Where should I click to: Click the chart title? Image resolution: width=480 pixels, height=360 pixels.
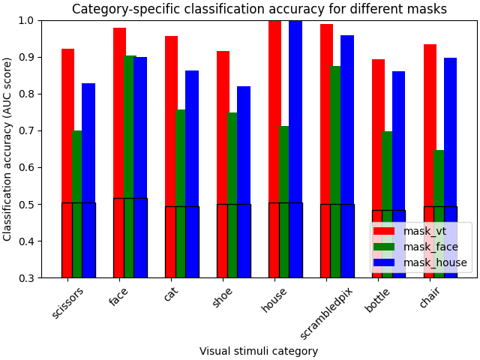point(259,10)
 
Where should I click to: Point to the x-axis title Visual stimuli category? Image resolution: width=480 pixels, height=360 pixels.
point(259,351)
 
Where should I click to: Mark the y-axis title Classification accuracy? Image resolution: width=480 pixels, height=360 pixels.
point(8,148)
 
